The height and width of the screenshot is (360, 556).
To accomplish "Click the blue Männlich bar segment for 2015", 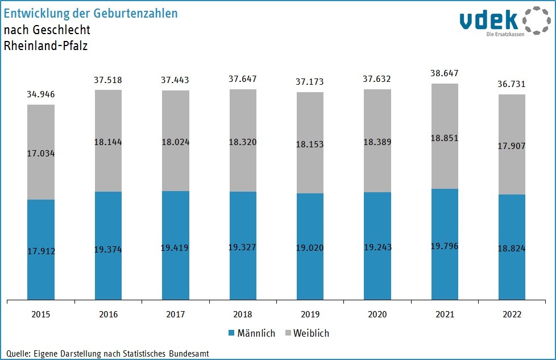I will point(41,227).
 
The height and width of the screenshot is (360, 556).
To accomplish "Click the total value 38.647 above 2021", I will point(445,73).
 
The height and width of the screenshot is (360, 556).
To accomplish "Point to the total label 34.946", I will point(41,94).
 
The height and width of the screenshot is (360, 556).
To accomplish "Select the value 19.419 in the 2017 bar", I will point(175,248).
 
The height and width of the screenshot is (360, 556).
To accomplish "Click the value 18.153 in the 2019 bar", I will point(310,144).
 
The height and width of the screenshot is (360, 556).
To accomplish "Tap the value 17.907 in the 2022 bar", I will point(512,146).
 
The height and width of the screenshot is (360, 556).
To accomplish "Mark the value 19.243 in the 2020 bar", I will point(377,248).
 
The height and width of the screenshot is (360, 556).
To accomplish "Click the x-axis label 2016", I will point(108,315).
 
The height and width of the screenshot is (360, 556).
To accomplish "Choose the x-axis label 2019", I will point(310,315).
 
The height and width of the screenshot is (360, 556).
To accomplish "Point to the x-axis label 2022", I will point(512,315).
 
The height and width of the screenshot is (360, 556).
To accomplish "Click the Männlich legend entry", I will point(251,333).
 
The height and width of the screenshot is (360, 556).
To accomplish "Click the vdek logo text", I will point(489,20).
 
